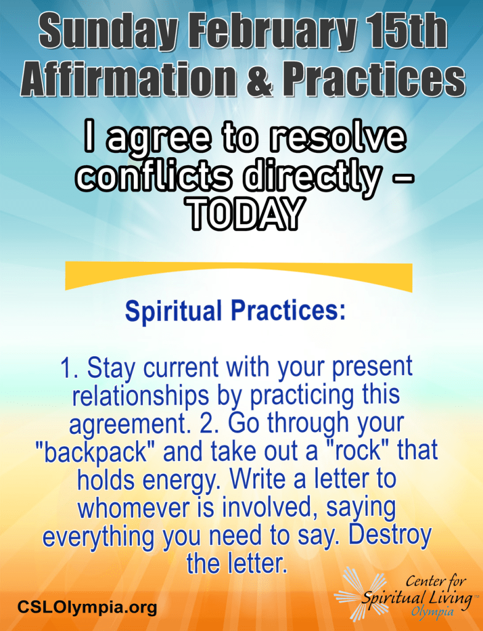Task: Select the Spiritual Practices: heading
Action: [235, 311]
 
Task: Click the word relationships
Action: [141, 396]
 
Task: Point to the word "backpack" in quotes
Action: [95, 452]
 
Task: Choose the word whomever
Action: [134, 508]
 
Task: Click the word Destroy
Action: [389, 535]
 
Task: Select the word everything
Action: [99, 537]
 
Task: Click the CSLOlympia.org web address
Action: [87, 606]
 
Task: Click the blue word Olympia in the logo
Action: [432, 612]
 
